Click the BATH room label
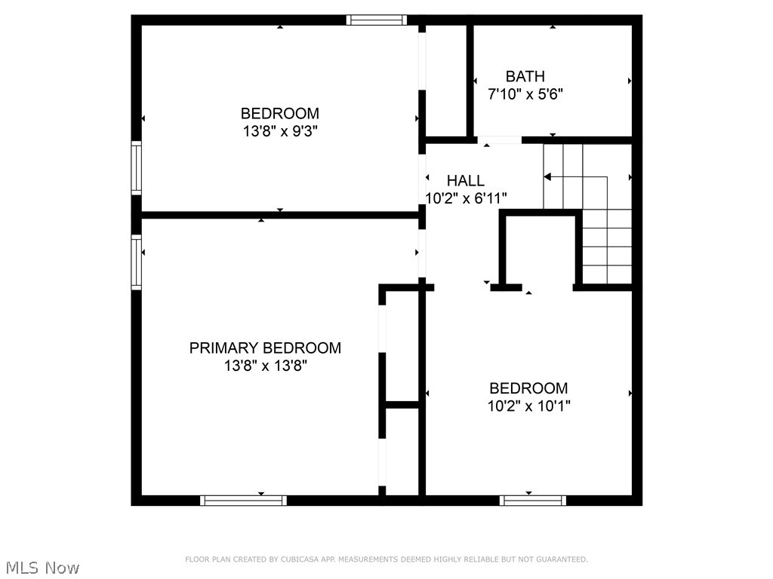click(x=525, y=76)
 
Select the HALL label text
click(x=465, y=181)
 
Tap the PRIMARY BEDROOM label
click(x=265, y=348)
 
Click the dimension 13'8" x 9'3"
click(x=280, y=131)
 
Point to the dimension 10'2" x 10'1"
click(x=528, y=406)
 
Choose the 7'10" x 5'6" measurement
click(x=526, y=94)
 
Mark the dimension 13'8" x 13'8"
click(x=265, y=366)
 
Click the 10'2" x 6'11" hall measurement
click(x=466, y=198)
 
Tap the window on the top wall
click(x=377, y=20)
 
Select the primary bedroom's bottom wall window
click(x=244, y=500)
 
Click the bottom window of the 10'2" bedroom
click(x=533, y=500)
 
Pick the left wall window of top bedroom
click(x=137, y=168)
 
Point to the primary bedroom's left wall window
click(x=137, y=262)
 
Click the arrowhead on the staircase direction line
click(x=548, y=177)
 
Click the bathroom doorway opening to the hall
click(x=499, y=139)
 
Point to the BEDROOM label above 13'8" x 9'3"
click(x=280, y=114)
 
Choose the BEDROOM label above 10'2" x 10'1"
click(x=528, y=388)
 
